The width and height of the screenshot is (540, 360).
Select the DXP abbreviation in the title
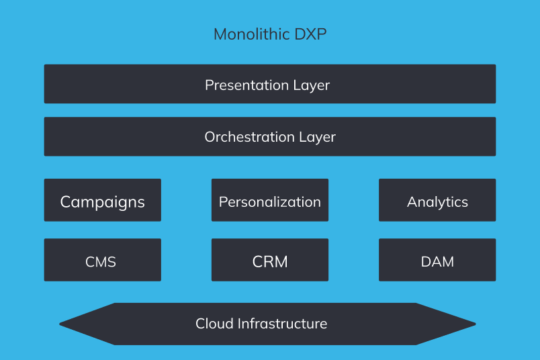pos(310,34)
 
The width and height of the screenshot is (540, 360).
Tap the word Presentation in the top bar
pos(246,85)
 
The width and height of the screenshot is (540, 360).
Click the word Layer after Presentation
pos(312,86)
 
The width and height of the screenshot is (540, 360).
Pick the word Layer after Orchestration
pos(317,138)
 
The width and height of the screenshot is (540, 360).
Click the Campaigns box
pos(102,200)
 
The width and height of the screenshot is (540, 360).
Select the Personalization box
pos(270,200)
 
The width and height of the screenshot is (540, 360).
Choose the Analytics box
pos(437,200)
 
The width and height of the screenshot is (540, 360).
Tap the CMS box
pos(102,260)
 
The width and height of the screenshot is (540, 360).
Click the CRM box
pos(270,260)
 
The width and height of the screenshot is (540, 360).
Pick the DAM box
pos(437,260)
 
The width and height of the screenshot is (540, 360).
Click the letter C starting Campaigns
pos(66,201)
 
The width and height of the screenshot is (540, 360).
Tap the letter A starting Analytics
pos(412,201)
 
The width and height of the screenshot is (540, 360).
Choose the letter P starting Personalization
pos(223,201)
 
